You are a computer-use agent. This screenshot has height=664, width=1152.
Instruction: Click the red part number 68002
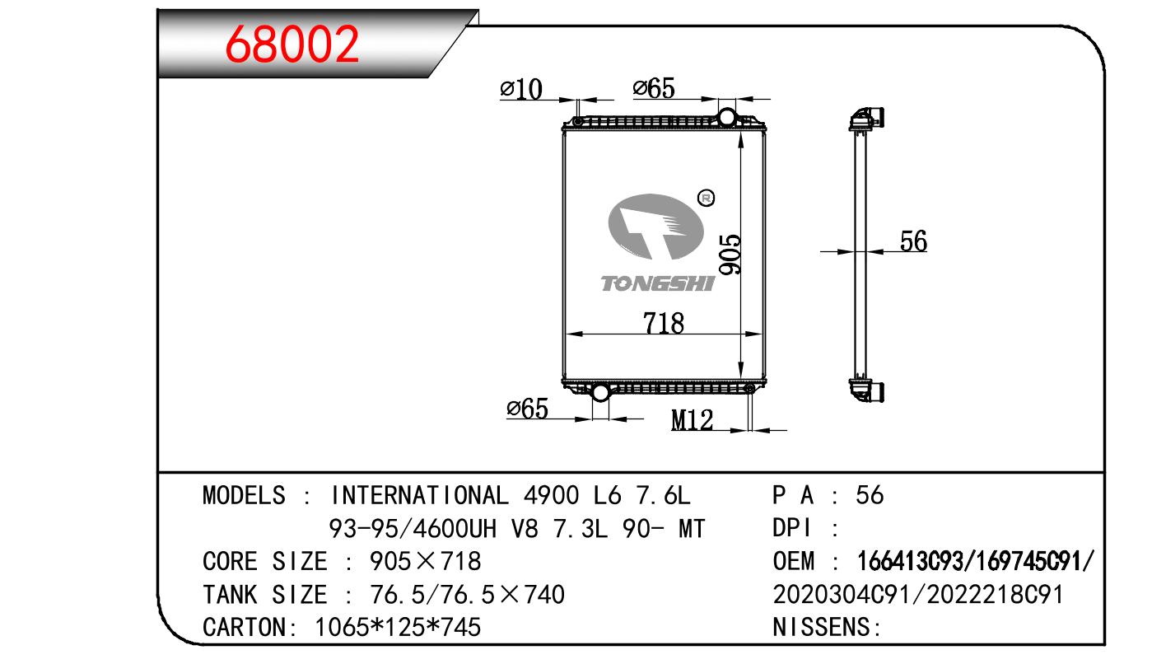291,44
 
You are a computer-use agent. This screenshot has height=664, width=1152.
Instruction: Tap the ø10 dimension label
520,89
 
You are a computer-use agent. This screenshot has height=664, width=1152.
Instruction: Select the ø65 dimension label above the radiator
653,88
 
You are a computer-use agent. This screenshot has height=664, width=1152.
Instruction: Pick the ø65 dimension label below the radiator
527,409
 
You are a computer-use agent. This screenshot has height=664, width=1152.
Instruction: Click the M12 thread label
692,420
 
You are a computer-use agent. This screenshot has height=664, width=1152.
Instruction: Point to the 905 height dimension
730,255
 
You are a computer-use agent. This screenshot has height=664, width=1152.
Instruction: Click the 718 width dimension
664,324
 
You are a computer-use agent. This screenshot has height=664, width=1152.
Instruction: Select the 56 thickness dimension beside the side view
913,241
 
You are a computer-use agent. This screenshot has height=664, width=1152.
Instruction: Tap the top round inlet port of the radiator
726,117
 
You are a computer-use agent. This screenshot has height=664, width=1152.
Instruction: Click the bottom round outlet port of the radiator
600,392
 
